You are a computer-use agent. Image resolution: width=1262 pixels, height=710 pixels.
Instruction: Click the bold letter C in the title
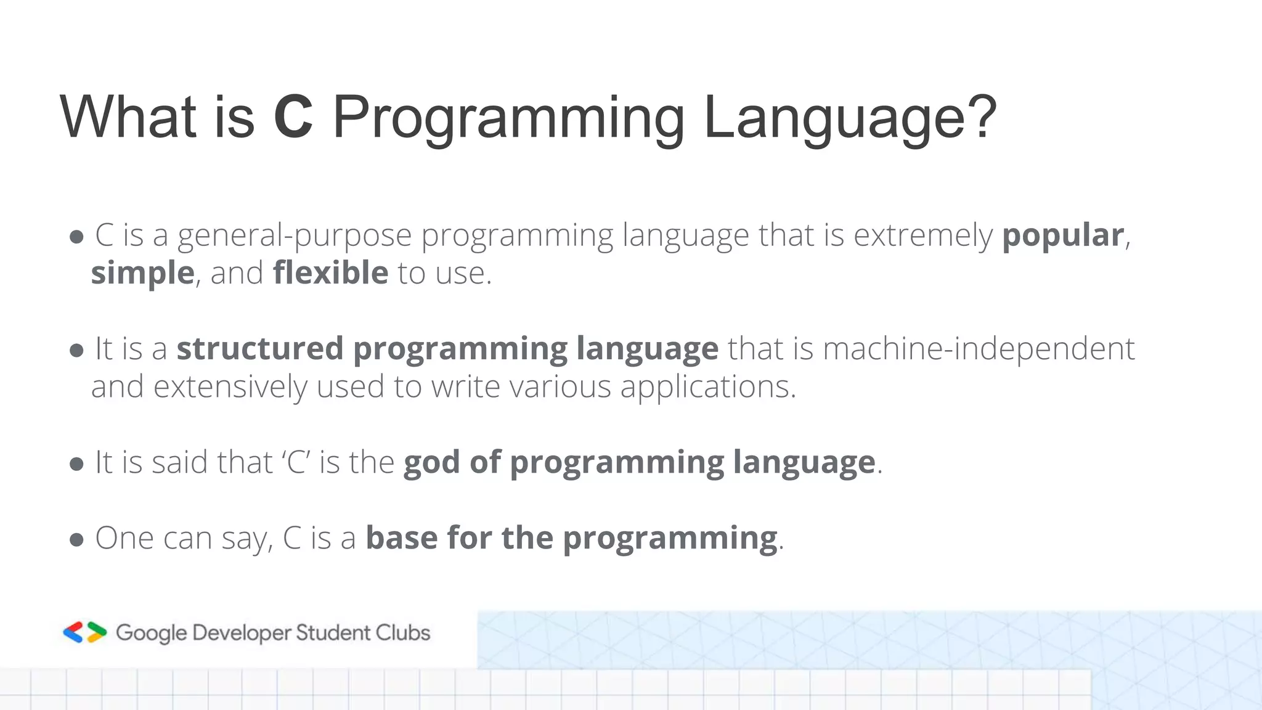[x=293, y=117]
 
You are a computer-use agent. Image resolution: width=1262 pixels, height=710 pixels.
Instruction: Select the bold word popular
[x=1063, y=236]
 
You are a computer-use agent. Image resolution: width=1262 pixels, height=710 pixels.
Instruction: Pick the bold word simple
[x=143, y=274]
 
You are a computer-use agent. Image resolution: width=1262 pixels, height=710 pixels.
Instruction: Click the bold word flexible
[x=330, y=272]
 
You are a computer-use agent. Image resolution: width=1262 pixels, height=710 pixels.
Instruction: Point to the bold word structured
[x=260, y=348]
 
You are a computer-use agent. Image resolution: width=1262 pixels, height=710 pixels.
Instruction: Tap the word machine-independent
[x=979, y=349]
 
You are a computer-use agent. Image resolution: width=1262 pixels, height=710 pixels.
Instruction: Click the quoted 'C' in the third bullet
[x=296, y=462]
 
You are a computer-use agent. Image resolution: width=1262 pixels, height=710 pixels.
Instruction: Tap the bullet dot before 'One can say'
[x=76, y=541]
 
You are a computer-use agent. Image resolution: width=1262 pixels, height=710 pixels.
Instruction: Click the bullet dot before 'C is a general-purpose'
[x=76, y=237]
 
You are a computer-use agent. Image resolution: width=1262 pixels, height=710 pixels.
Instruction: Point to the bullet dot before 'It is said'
[x=76, y=465]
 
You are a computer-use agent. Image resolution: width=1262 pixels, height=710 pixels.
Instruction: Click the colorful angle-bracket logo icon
[x=85, y=632]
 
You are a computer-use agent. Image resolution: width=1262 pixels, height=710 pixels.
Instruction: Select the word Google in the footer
[x=151, y=633]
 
